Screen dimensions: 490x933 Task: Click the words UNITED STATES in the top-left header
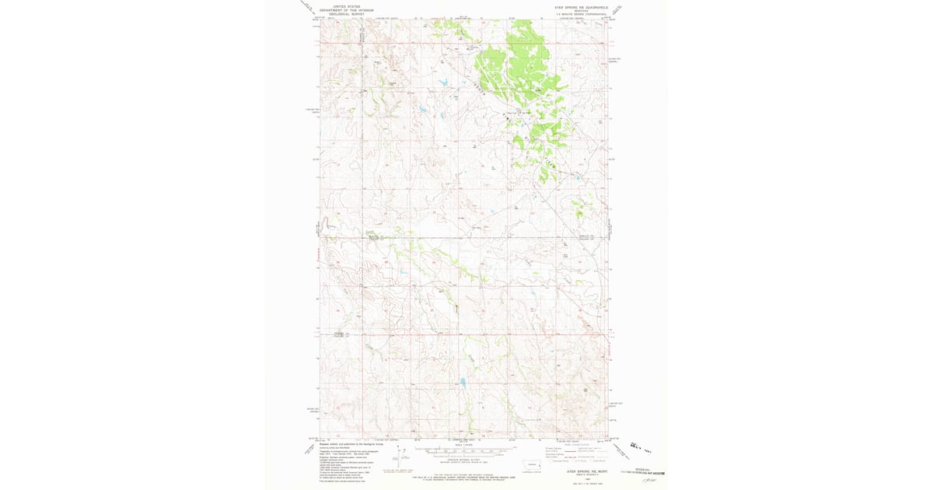[347, 5]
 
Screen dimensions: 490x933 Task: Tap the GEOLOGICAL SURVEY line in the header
[347, 12]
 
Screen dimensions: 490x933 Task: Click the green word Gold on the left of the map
[371, 231]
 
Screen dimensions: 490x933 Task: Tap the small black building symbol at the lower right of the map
[585, 389]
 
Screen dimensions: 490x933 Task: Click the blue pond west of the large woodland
[442, 82]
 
